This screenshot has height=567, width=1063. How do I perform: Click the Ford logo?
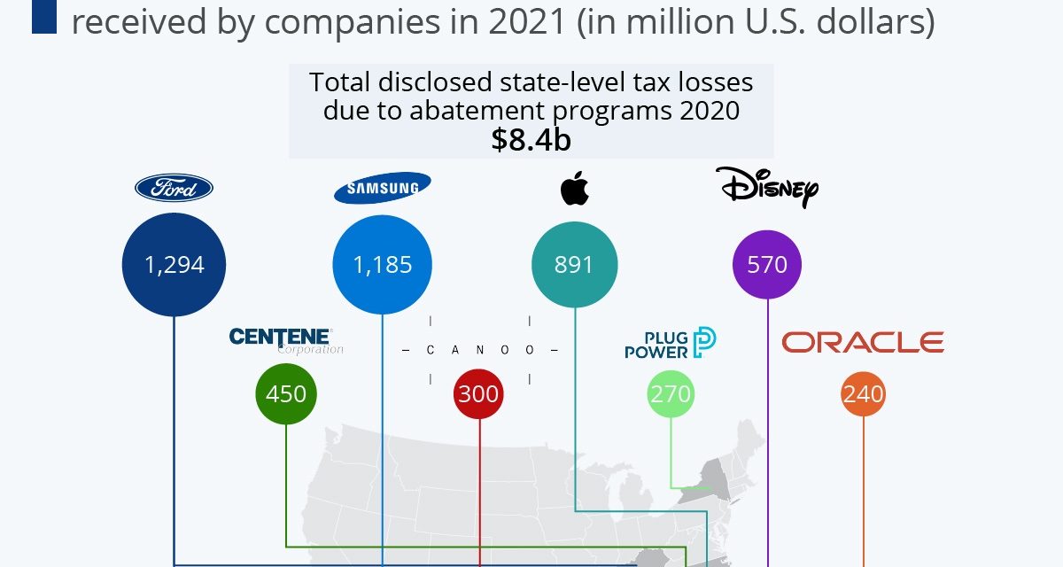pos(174,187)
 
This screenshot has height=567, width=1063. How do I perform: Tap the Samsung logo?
pos(382,188)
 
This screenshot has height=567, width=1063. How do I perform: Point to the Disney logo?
pos(767,187)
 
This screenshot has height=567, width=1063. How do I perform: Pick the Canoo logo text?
pos(479,350)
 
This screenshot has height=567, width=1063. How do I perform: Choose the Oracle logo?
pos(863,342)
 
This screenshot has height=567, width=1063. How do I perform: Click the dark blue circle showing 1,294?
pos(175,264)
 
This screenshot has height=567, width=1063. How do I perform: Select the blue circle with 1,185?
pos(383,264)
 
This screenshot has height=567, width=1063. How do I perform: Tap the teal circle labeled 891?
pos(574,264)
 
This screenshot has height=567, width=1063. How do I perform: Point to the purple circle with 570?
pos(767,264)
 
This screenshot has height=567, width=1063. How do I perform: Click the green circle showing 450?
pos(286,393)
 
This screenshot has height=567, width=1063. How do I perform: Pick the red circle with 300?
pos(478,393)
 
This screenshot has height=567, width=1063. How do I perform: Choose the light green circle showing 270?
pos(671,393)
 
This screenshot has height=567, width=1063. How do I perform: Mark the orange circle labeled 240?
pos(863,393)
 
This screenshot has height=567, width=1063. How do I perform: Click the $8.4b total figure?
pos(531,140)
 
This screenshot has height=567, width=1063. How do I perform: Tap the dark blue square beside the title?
pos(44,19)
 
